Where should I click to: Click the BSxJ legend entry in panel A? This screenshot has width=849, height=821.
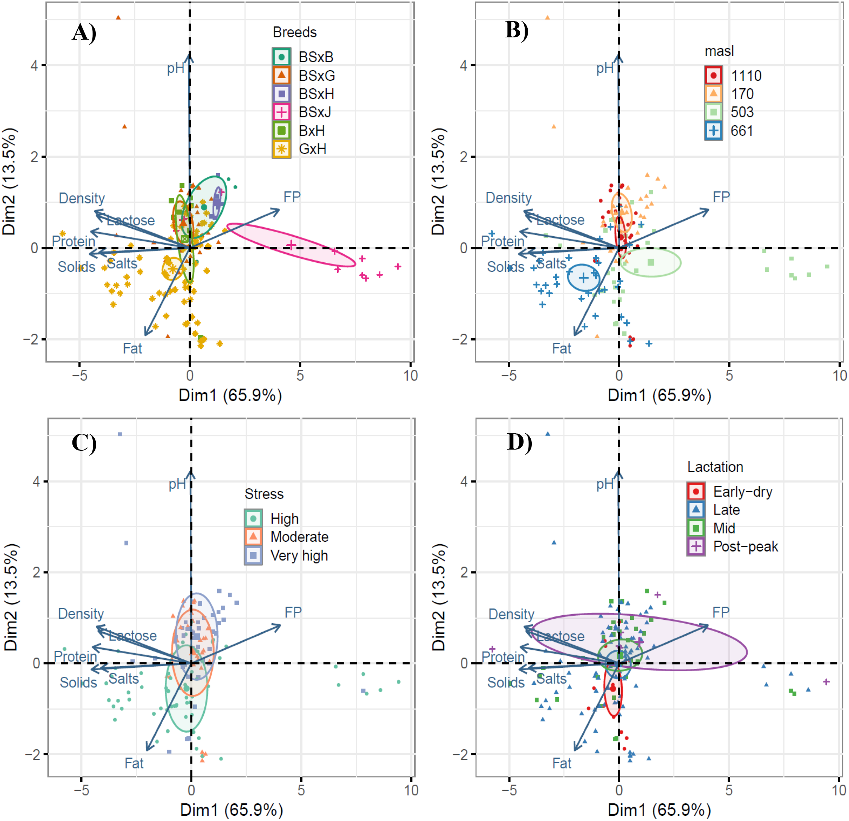click(x=315, y=112)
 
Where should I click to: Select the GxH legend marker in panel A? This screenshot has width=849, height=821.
click(x=282, y=149)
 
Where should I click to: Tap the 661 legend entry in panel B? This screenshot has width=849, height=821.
click(x=742, y=131)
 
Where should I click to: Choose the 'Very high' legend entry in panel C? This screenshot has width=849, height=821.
click(x=299, y=556)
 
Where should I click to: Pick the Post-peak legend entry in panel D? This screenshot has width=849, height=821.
click(x=745, y=547)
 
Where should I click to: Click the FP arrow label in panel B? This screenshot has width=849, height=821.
click(x=721, y=197)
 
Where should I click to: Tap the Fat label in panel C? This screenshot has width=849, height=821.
click(x=134, y=763)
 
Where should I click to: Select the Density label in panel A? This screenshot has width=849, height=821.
click(x=82, y=199)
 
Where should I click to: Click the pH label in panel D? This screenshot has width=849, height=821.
click(x=605, y=484)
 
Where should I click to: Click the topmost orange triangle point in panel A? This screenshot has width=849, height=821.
click(x=118, y=18)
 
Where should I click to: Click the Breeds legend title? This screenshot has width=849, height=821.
click(x=295, y=32)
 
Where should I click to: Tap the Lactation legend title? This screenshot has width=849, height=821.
click(x=715, y=467)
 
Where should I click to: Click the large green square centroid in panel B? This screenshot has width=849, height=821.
click(x=651, y=262)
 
